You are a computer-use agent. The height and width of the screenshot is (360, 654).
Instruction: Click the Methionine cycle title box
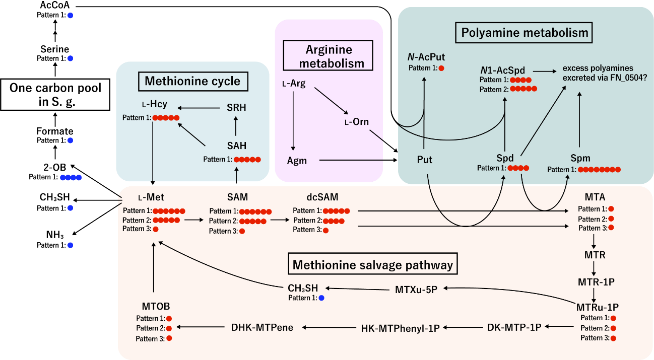(192, 81)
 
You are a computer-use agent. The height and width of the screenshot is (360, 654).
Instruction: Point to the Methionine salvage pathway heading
(372, 264)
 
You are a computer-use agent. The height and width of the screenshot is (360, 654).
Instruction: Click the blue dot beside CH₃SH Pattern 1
(321, 298)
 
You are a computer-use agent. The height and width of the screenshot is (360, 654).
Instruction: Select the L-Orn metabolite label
(356, 122)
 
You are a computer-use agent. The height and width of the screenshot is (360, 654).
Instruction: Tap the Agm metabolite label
(297, 161)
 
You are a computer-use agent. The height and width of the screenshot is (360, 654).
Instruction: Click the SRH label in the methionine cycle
(236, 108)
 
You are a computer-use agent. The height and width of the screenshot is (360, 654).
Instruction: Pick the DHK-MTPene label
(262, 327)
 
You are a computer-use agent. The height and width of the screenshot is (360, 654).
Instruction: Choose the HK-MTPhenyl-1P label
(401, 328)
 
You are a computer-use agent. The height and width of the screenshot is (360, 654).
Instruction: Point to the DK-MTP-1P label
(514, 327)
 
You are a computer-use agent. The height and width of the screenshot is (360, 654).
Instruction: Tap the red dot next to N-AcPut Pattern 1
(442, 68)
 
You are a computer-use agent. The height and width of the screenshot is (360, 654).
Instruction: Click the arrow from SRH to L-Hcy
(200, 107)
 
